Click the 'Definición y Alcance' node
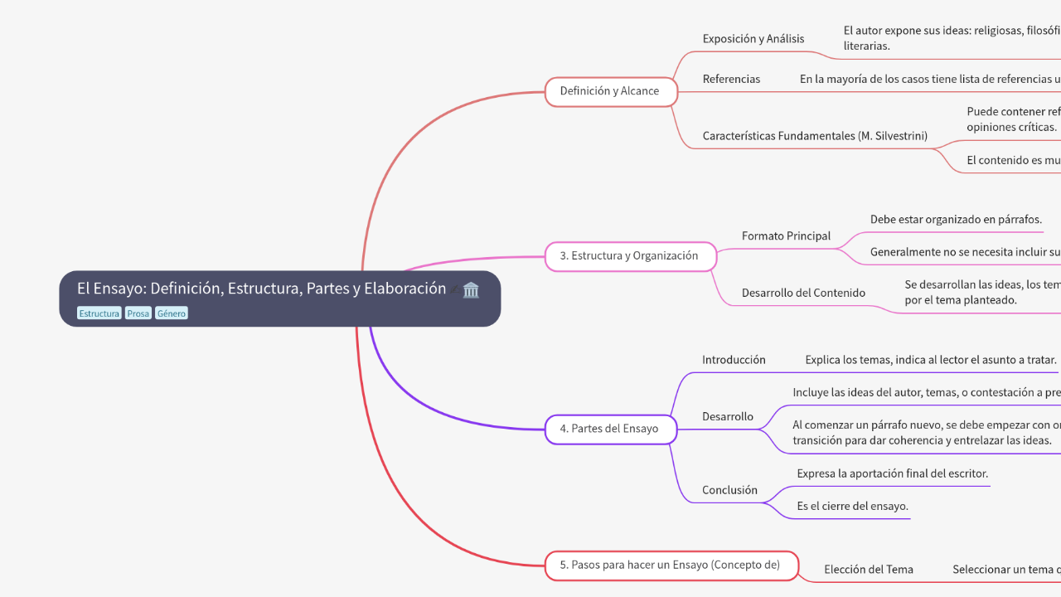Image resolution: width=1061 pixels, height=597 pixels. [x=610, y=91]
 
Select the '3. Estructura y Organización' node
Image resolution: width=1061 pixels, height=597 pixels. [x=629, y=256]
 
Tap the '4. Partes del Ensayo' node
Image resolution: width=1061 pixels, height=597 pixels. [x=609, y=429]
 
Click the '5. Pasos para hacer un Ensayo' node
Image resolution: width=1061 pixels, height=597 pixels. [x=671, y=565]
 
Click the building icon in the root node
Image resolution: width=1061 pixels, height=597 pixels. [x=471, y=289]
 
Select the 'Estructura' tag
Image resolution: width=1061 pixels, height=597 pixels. [x=99, y=313]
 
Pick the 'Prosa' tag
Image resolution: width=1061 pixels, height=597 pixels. [x=138, y=313]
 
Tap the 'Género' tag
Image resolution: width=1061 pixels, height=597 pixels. [x=172, y=313]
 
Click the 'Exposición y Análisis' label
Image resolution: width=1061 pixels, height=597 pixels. [x=753, y=39]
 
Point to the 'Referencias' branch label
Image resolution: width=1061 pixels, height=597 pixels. [x=731, y=80]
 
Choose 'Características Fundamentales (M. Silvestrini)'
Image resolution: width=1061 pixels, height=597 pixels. [x=815, y=136]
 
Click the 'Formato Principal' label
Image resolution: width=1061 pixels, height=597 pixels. [x=786, y=236]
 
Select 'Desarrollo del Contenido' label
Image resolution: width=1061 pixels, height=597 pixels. [x=803, y=293]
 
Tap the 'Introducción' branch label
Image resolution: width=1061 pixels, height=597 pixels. [x=734, y=360]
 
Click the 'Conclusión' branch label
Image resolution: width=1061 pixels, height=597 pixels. [x=729, y=490]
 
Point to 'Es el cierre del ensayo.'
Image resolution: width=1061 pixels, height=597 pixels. [x=852, y=506]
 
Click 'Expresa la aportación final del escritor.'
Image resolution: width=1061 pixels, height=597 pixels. [x=892, y=473]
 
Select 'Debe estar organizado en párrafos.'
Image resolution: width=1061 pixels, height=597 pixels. [x=956, y=220]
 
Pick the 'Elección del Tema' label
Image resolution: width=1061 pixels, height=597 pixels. [x=868, y=570]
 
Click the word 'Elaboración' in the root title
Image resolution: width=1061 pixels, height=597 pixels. [x=405, y=289]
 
